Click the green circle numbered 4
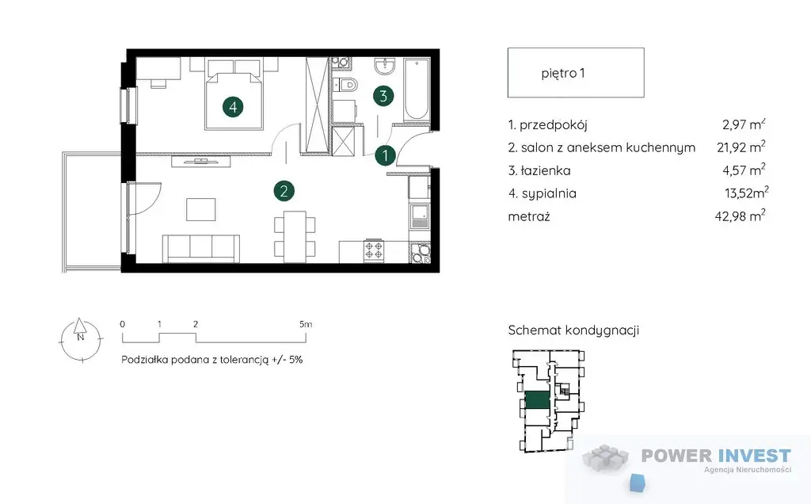click(x=233, y=107)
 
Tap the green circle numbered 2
click(x=284, y=191)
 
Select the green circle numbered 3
click(x=383, y=96)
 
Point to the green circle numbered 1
click(x=385, y=155)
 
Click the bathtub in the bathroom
click(x=417, y=90)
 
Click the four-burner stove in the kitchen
click(x=374, y=251)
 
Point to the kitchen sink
click(x=419, y=216)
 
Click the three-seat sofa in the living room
click(x=201, y=248)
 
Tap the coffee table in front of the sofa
click(x=201, y=209)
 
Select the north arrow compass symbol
click(x=80, y=339)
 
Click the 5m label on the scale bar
click(x=306, y=324)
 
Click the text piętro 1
click(x=563, y=73)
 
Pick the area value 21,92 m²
click(x=741, y=147)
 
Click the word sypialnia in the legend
click(x=549, y=193)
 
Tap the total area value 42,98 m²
click(x=741, y=216)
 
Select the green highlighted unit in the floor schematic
click(x=537, y=400)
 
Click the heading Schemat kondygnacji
click(x=573, y=330)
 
